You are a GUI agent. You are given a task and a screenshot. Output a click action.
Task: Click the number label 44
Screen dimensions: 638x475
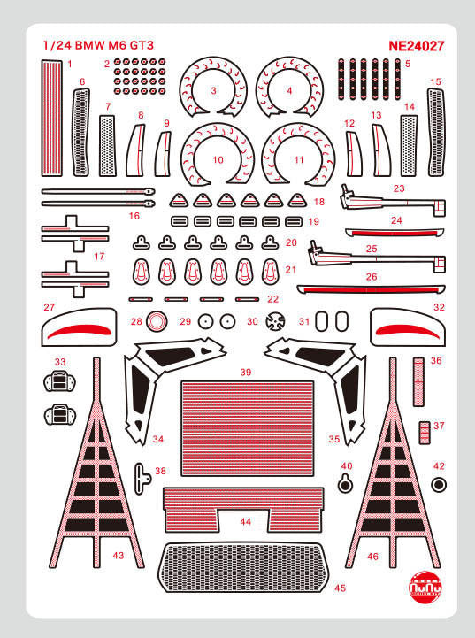pyautogui.click(x=245, y=522)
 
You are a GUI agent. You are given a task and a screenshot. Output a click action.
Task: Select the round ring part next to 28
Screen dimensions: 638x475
pyautogui.click(x=156, y=321)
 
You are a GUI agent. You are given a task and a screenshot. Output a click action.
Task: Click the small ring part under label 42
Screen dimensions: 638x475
pyautogui.click(x=439, y=485)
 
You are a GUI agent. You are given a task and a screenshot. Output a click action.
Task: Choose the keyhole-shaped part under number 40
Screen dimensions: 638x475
pyautogui.click(x=346, y=482)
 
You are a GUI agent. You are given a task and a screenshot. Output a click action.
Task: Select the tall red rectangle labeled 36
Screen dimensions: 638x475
pyautogui.click(x=420, y=380)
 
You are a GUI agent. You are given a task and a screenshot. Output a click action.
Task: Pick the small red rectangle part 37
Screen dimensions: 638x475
pyautogui.click(x=424, y=432)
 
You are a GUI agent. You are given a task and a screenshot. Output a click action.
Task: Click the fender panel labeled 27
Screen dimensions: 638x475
pyautogui.click(x=79, y=330)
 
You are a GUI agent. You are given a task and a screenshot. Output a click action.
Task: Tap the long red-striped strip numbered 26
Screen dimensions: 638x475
pyautogui.click(x=371, y=288)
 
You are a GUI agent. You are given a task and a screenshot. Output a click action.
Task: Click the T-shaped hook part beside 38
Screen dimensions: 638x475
pyautogui.click(x=141, y=475)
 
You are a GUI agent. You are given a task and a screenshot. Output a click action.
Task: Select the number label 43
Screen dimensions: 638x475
pyautogui.click(x=119, y=555)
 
